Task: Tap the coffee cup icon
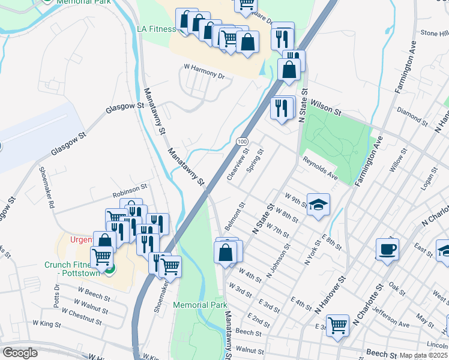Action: [x=387, y=249]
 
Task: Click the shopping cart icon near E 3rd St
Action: [x=338, y=326]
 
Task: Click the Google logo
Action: [x=20, y=353]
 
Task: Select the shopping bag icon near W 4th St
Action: [x=226, y=252]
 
